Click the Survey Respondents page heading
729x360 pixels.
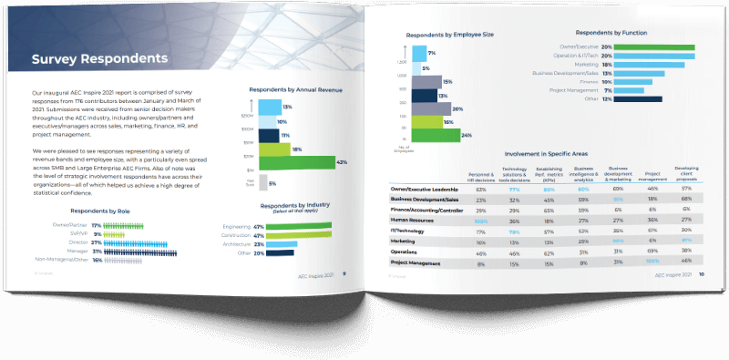(x=99, y=60)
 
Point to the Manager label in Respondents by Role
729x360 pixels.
(x=75, y=252)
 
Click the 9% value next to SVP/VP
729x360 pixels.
(x=97, y=234)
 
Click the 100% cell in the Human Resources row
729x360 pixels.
(x=481, y=220)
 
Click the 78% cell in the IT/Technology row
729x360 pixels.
(x=515, y=230)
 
